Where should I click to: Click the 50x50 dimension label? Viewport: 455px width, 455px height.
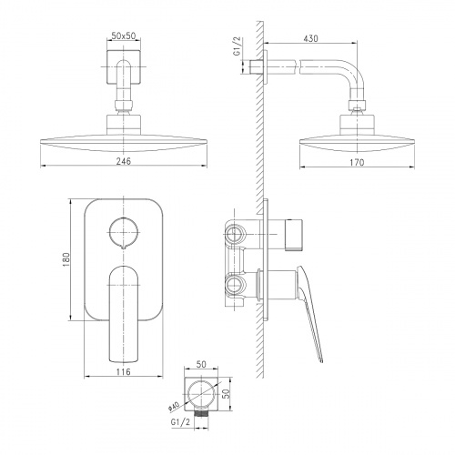pos(124,35)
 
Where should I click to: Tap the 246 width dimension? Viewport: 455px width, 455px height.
pos(124,161)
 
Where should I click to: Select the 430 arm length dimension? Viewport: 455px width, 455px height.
pos(310,38)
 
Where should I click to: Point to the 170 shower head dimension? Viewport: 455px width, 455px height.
pos(357,163)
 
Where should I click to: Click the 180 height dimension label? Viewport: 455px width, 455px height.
pos(66,259)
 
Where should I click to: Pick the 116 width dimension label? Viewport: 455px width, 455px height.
pos(124,371)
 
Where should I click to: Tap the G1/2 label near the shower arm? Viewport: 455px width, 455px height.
pos(237,46)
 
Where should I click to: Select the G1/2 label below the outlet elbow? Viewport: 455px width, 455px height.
pos(181,422)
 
